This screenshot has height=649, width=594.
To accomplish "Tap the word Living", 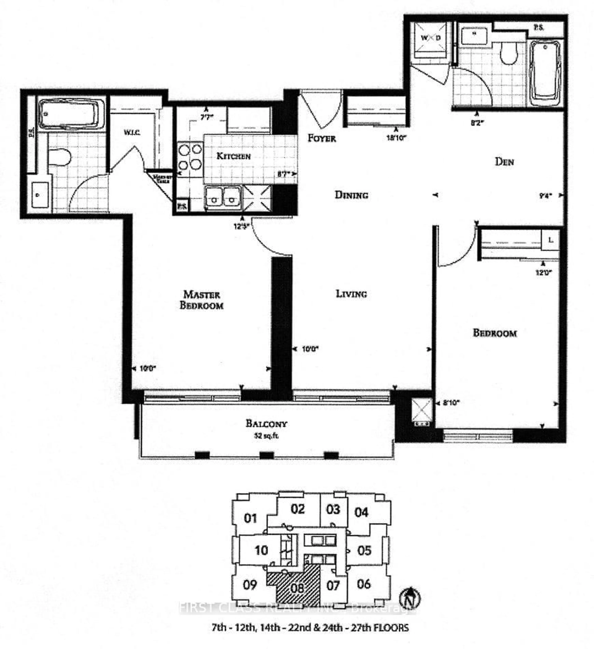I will tap(351, 294).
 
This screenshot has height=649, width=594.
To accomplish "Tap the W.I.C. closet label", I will tap(132, 132).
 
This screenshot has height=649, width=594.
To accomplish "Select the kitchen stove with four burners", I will tap(190, 157).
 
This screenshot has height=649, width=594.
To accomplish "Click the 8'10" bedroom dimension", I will tap(450, 402).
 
